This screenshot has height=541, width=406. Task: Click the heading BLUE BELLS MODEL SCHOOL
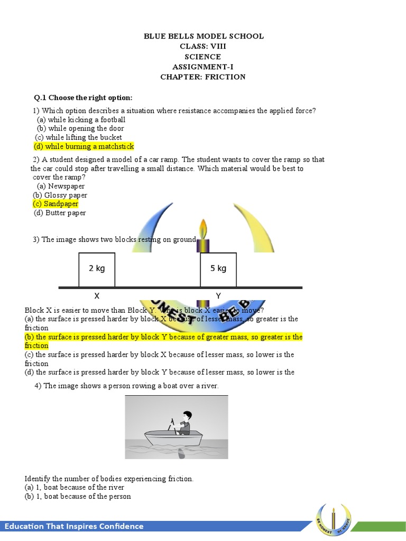[x=204, y=36]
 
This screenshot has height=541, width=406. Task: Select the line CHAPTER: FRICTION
[x=204, y=77]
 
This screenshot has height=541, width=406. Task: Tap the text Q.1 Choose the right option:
[x=83, y=98]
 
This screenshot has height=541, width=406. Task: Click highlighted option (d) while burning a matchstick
[x=84, y=146]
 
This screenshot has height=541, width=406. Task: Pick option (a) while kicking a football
[x=81, y=119]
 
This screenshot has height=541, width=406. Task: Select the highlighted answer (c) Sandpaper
[x=56, y=204]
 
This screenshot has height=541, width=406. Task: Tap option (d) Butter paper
[x=60, y=213]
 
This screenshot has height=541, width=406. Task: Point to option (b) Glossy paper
[x=60, y=195]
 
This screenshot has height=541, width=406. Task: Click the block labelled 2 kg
[x=97, y=269]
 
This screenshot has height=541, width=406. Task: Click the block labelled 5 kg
[x=218, y=269]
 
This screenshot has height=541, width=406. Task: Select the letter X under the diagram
[x=97, y=296]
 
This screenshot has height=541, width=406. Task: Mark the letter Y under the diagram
[x=218, y=296]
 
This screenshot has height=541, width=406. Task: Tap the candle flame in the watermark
[x=204, y=230]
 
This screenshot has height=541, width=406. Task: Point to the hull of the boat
[x=174, y=439]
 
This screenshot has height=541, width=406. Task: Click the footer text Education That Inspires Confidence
[x=74, y=526]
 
